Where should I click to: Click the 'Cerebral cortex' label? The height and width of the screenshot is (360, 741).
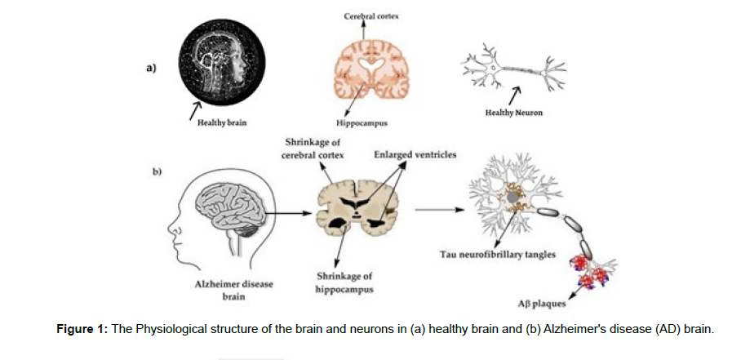(371, 16)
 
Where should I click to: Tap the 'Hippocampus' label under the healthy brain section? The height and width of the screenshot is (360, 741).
(362, 123)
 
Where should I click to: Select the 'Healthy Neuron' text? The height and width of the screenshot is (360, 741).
(513, 113)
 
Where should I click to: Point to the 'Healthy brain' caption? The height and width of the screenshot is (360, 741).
(222, 122)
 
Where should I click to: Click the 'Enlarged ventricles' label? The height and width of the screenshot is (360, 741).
(415, 154)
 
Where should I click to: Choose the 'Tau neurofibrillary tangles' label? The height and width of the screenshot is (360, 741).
(498, 255)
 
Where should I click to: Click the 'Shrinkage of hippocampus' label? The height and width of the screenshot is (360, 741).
(344, 282)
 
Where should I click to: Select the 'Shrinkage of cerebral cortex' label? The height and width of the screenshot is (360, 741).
(313, 149)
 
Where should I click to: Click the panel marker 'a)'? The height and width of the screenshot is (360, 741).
(151, 68)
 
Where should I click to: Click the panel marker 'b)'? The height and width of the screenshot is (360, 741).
(157, 172)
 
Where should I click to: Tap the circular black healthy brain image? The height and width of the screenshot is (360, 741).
(222, 62)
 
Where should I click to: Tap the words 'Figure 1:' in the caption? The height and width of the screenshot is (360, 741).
(82, 329)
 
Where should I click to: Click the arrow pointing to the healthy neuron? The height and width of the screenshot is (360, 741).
(515, 95)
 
